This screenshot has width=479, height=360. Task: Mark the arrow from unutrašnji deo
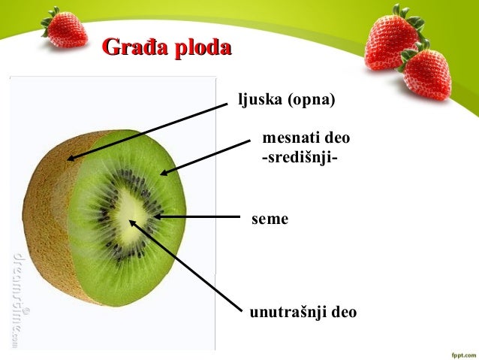pyautogui.click(x=188, y=263)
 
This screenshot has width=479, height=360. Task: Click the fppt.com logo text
pyautogui.click(x=459, y=352)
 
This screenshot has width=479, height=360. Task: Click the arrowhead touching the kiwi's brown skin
pyautogui.click(x=70, y=159)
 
